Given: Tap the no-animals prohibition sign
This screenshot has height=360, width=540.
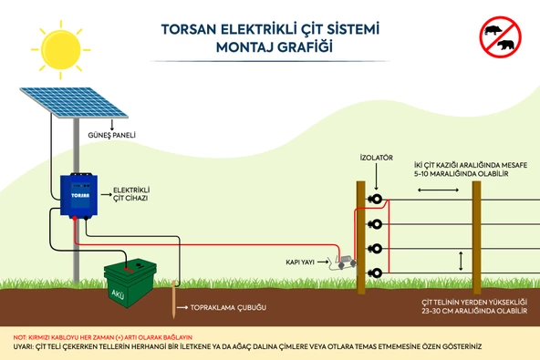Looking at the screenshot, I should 499,36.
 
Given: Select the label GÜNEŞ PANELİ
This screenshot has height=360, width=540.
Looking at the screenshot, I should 112,133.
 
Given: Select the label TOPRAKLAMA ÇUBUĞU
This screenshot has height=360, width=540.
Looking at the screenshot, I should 228,308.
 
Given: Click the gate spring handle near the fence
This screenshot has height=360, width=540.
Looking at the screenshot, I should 342,262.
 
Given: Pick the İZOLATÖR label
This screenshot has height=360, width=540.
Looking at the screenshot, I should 376,158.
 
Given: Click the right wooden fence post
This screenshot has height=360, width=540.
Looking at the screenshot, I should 476,236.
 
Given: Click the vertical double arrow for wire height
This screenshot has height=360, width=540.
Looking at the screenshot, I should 461,260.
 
